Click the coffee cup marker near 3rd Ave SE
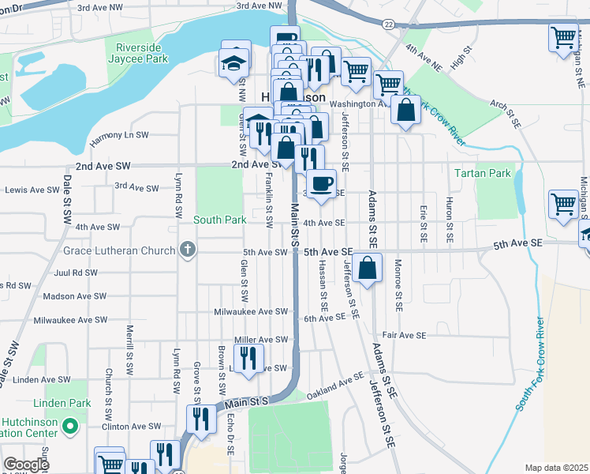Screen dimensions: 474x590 [x=320, y=185]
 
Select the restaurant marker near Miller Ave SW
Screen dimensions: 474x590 [x=248, y=357]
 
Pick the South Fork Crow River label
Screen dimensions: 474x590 [x=532, y=364]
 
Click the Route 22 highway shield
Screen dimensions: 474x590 [x=388, y=24]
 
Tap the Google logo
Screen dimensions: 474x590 [x=27, y=465]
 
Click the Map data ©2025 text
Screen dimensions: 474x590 [x=557, y=468]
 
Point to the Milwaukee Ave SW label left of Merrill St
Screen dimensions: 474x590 [x=69, y=321]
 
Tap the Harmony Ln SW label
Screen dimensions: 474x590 [x=119, y=136]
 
